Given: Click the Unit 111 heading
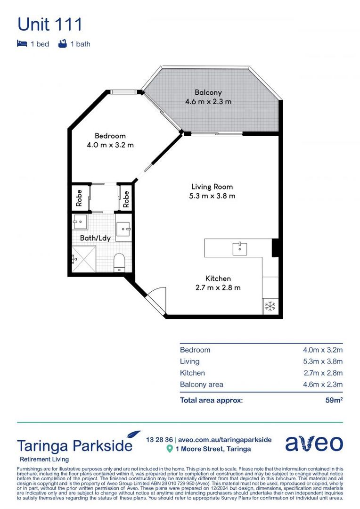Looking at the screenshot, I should click(49, 24).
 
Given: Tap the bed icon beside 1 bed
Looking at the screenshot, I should click(22, 44).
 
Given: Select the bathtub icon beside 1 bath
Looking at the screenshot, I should click(62, 44).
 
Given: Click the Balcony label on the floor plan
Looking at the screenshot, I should click(208, 92).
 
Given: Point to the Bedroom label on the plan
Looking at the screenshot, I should click(110, 136).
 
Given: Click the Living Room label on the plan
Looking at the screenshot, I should click(212, 187).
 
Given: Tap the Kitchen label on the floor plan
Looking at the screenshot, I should click(218, 279).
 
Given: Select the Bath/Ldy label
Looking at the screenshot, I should click(95, 238).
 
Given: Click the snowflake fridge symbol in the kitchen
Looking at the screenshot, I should click(270, 306).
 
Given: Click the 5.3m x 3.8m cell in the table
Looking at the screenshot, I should click(322, 361).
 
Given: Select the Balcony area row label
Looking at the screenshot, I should click(201, 385).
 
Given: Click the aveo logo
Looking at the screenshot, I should click(314, 443).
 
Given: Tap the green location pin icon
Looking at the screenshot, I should click(170, 449).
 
